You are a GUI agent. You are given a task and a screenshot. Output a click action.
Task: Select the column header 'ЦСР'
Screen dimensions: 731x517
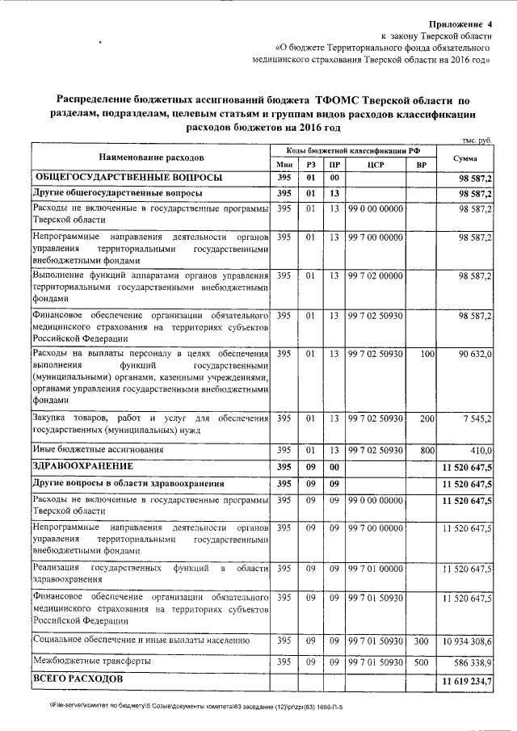374,165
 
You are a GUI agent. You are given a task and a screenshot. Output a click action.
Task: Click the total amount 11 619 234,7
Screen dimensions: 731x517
467,682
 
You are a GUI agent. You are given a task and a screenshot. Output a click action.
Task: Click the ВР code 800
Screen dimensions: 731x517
427,449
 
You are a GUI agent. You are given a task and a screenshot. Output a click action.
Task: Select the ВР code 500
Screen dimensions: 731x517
421,662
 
